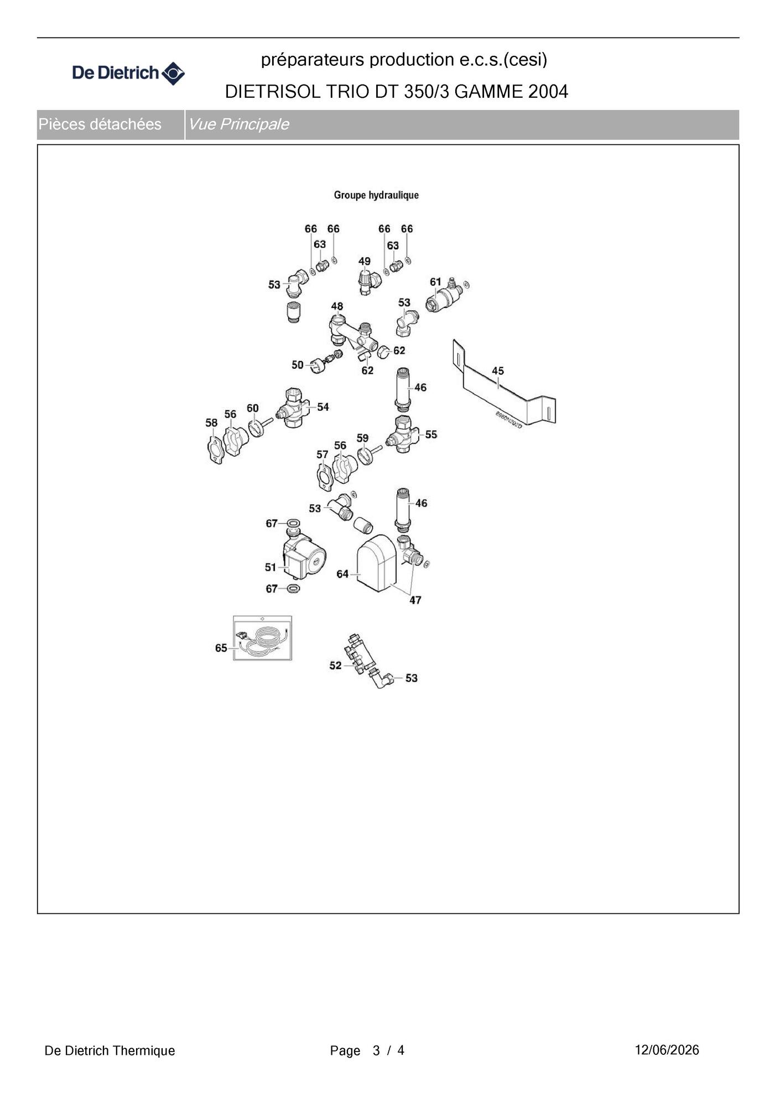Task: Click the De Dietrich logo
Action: coord(128,73)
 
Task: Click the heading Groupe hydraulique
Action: coord(376,195)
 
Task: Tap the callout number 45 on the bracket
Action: coord(498,371)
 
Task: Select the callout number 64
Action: coord(342,574)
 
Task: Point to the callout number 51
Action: coord(271,567)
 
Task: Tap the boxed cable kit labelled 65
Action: coord(262,638)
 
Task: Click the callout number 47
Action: coord(415,600)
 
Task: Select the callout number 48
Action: coord(337,306)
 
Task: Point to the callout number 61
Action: coord(436,282)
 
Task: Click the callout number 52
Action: coord(335,666)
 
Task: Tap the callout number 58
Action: coord(211,423)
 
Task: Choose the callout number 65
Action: coord(221,648)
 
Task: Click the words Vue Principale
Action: coord(238,124)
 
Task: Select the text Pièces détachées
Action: coord(100,124)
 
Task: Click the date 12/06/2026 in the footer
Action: coord(667,1050)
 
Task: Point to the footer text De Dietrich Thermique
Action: coord(110,1050)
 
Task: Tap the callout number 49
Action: coord(365,262)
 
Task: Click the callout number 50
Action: coord(298,365)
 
